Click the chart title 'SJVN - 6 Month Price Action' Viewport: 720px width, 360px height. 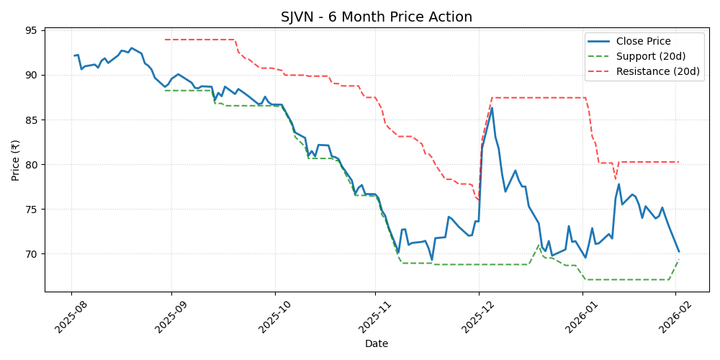(377, 17)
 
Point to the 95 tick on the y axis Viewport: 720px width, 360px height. (32, 30)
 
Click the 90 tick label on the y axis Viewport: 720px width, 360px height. (32, 75)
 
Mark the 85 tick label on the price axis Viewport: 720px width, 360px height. (32, 120)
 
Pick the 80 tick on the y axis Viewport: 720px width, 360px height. (32, 165)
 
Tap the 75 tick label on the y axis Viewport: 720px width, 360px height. (32, 210)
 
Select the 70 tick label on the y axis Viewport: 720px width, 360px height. (32, 254)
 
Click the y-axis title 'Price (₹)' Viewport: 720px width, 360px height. (15, 160)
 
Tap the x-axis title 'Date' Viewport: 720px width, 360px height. (377, 344)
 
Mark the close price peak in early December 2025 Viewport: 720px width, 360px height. (492, 108)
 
